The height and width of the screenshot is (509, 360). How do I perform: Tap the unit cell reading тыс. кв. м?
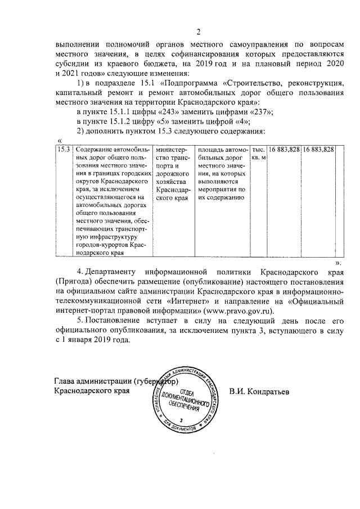[258, 154]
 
